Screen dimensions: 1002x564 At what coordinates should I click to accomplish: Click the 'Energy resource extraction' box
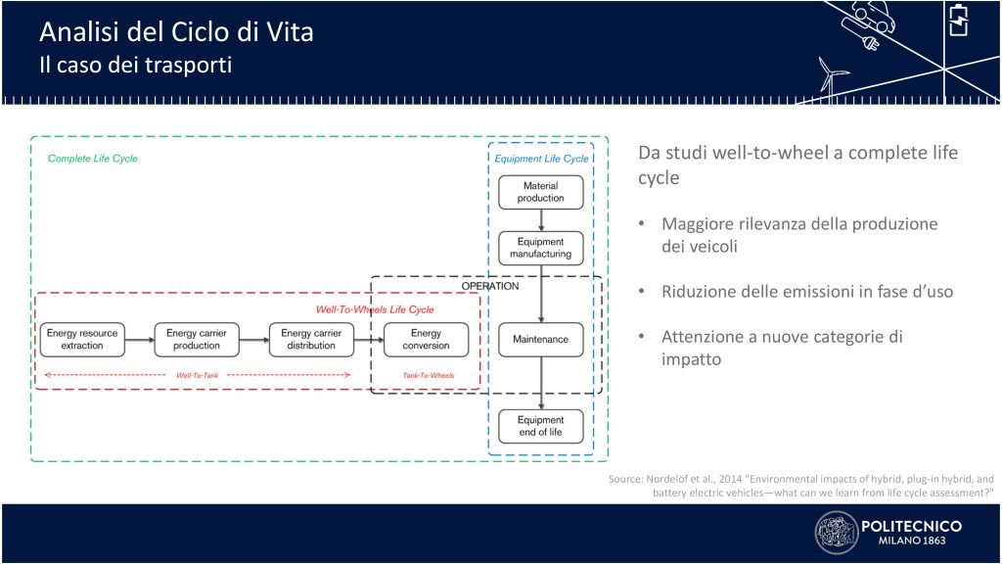pos(82,340)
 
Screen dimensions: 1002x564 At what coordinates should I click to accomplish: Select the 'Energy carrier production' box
pos(197,340)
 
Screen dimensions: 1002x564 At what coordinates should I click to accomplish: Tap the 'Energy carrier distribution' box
pos(311,340)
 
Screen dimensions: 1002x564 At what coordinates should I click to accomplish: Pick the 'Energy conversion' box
pos(427,340)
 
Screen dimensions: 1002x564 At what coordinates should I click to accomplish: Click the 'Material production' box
pos(540,193)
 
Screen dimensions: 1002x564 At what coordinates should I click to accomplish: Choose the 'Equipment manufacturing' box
pos(540,248)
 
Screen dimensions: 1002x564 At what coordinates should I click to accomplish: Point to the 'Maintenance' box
pos(540,340)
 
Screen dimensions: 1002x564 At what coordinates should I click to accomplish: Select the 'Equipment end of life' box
pos(540,427)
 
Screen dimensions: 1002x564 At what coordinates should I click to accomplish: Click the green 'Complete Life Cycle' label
pos(93,159)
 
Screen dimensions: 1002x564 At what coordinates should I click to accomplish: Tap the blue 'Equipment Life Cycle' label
pos(541,159)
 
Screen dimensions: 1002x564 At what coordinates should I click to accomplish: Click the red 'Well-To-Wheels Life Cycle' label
pos(375,309)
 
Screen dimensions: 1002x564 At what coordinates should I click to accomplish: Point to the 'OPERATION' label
pos(490,286)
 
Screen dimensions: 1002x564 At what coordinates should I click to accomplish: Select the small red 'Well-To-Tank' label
pos(198,375)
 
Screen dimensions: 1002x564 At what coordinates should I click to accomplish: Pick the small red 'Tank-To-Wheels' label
pos(429,375)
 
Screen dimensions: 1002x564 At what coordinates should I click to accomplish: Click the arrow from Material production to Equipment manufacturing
pos(541,220)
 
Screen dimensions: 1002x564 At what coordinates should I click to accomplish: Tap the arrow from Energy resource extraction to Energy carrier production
pos(140,340)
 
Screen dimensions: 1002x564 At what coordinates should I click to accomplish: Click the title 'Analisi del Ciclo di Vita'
pos(176,32)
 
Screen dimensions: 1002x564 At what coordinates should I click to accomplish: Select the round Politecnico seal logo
pos(837,533)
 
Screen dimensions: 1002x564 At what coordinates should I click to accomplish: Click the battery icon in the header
pos(959,20)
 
